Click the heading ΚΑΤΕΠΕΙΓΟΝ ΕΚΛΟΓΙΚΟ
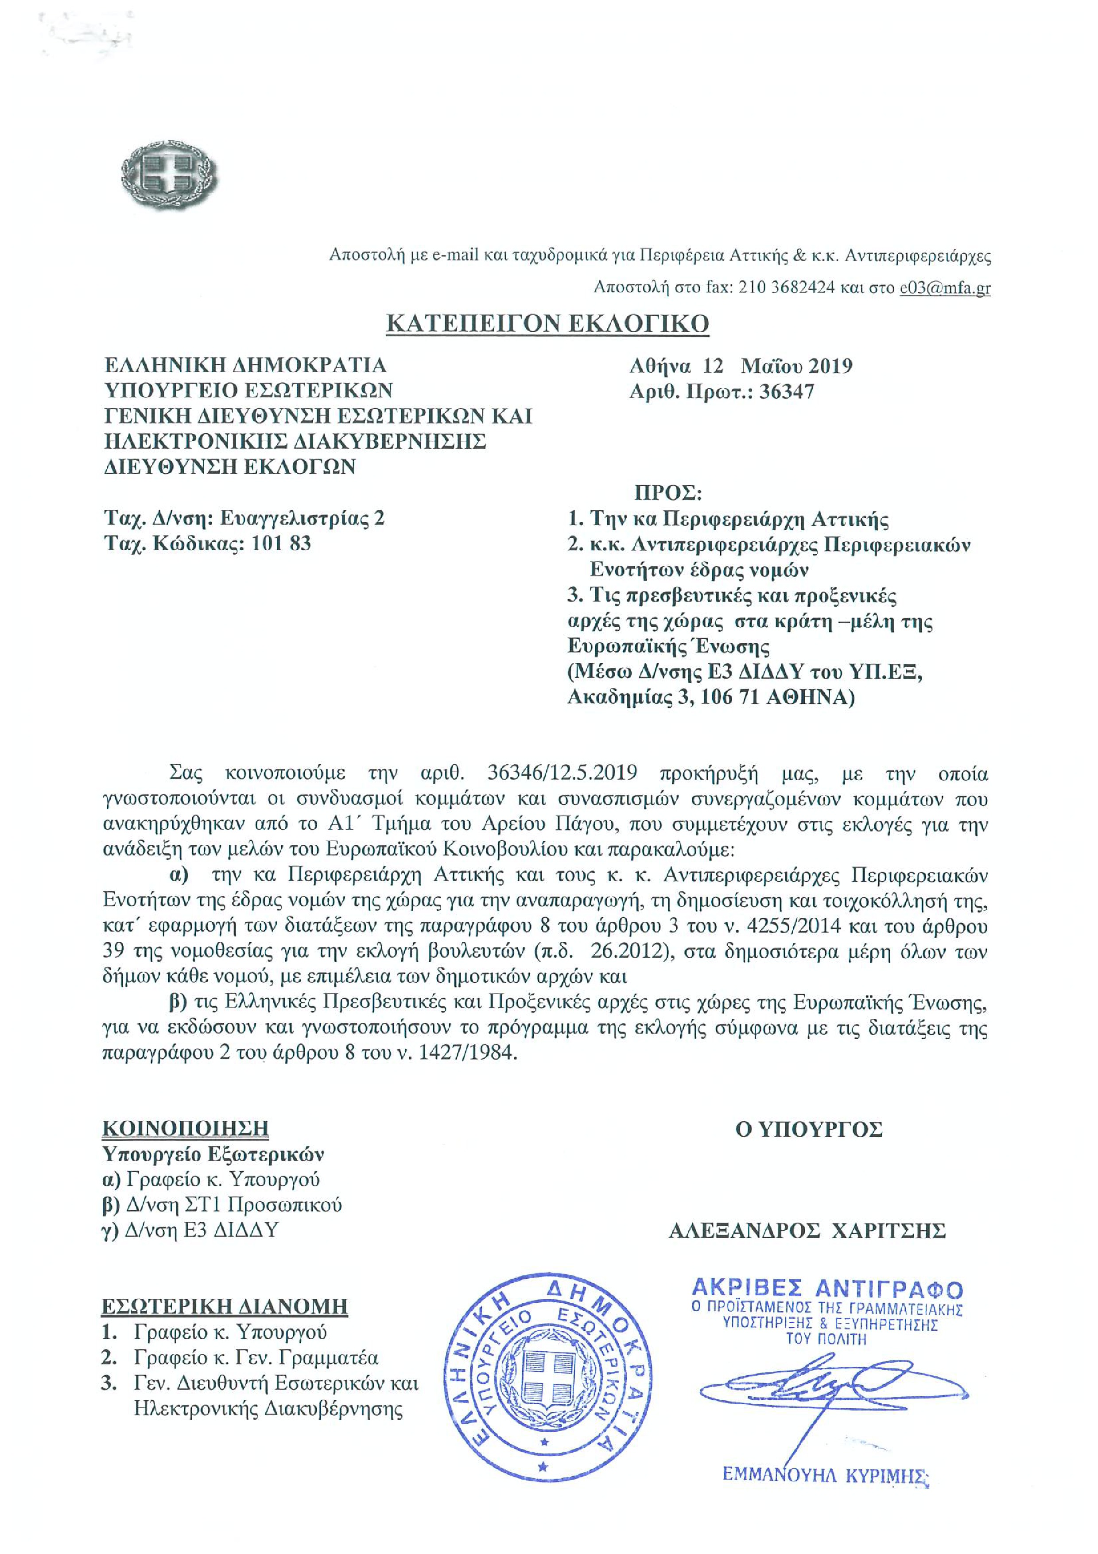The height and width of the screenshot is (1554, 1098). (547, 323)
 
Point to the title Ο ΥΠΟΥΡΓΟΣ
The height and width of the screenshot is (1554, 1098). (809, 1129)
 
